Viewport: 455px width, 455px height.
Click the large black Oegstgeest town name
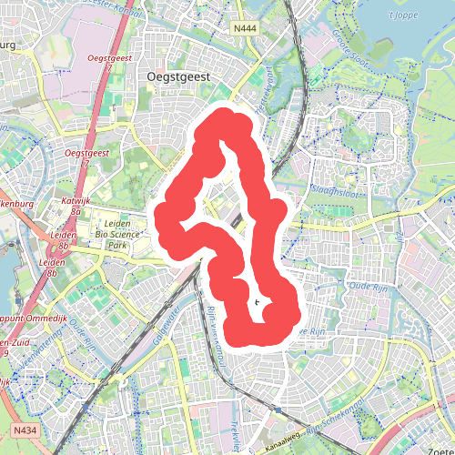tap(178, 78)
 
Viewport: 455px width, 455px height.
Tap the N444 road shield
tap(245, 28)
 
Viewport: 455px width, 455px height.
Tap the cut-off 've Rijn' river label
tap(312, 331)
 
